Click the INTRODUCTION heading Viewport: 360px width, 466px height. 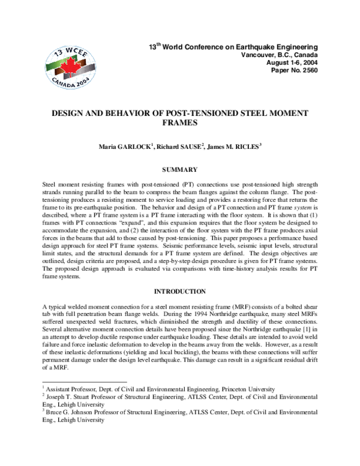[180, 291]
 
